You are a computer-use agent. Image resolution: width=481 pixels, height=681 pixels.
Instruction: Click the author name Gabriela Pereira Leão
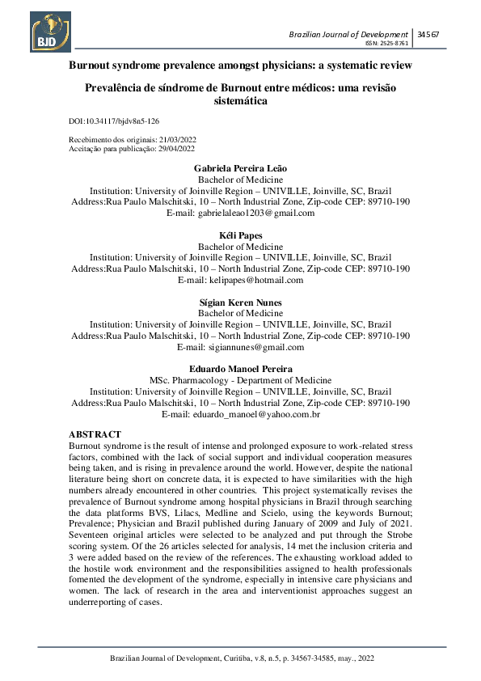(x=240, y=168)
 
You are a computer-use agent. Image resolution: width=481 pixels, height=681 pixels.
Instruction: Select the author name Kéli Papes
(x=240, y=235)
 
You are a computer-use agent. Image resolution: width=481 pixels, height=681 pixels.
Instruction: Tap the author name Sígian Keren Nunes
(x=240, y=302)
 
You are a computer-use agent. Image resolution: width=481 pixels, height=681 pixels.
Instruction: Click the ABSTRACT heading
(x=95, y=435)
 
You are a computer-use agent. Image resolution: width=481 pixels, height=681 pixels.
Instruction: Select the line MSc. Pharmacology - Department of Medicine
(x=240, y=380)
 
